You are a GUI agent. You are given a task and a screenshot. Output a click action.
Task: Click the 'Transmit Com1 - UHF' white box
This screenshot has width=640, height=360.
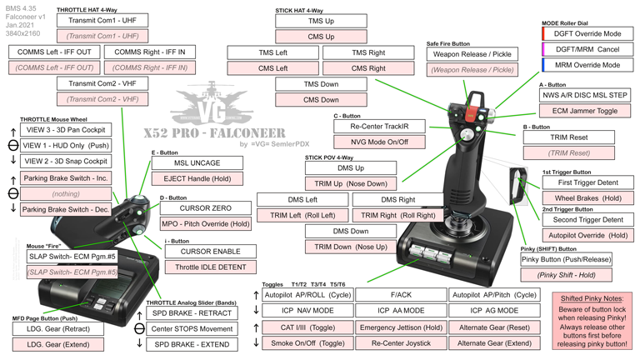click(102, 20)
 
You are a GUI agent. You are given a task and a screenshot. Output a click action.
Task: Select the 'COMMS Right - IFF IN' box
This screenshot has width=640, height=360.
click(149, 52)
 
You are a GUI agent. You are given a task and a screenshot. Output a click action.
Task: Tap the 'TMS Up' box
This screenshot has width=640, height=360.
click(321, 21)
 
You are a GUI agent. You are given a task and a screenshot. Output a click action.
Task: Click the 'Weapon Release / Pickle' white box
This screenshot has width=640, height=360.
click(472, 54)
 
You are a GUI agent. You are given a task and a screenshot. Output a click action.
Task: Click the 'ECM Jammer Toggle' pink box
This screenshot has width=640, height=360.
click(584, 111)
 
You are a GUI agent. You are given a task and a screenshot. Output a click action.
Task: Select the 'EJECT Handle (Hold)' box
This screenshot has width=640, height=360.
click(197, 178)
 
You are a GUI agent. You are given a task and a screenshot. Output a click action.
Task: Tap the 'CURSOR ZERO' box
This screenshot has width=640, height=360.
click(205, 208)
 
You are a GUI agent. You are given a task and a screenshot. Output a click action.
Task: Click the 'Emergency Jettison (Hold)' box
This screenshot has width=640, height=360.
click(401, 327)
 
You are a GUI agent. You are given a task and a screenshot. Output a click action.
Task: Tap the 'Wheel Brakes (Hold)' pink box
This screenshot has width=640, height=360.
click(588, 198)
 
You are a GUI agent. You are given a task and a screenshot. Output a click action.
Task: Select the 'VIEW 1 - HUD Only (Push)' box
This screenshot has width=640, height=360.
click(66, 145)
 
